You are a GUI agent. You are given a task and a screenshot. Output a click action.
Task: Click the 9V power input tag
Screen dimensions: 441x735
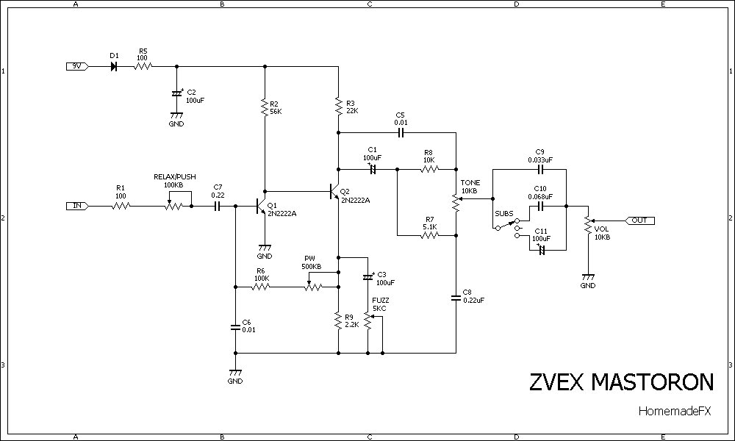pyautogui.click(x=76, y=66)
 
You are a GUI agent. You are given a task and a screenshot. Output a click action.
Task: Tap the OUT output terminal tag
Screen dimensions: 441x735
pyautogui.click(x=639, y=220)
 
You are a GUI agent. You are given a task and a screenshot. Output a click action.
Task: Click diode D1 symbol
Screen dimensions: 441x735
pyautogui.click(x=114, y=66)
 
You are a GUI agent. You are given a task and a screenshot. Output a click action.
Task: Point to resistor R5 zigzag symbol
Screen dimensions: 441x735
pyautogui.click(x=143, y=66)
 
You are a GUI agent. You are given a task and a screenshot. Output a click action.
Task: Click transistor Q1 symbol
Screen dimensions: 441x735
pyautogui.click(x=261, y=207)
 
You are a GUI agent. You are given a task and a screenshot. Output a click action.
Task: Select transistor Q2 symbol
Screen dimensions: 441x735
pyautogui.click(x=334, y=193)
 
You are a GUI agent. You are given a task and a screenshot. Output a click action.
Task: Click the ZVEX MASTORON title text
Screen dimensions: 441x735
pyautogui.click(x=621, y=383)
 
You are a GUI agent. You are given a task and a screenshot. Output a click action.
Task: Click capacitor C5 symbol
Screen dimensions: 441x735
pyautogui.click(x=401, y=133)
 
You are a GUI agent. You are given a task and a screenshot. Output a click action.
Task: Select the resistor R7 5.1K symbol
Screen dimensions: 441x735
pyautogui.click(x=430, y=236)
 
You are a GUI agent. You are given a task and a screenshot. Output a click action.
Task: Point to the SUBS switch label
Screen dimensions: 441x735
pyautogui.click(x=503, y=213)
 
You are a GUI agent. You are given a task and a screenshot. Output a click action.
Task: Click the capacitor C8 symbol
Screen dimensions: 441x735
pyautogui.click(x=456, y=297)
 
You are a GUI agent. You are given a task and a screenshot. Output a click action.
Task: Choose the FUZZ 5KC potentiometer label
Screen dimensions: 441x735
pyautogui.click(x=381, y=304)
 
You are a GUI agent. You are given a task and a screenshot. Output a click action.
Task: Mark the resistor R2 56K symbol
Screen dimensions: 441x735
pyautogui.click(x=265, y=109)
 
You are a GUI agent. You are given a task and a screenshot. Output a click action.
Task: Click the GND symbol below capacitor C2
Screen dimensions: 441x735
pyautogui.click(x=176, y=116)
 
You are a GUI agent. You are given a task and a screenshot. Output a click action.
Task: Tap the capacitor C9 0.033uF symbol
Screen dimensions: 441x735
pyautogui.click(x=540, y=170)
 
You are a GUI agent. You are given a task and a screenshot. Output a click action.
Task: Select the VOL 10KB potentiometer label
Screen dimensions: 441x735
pyautogui.click(x=602, y=232)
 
